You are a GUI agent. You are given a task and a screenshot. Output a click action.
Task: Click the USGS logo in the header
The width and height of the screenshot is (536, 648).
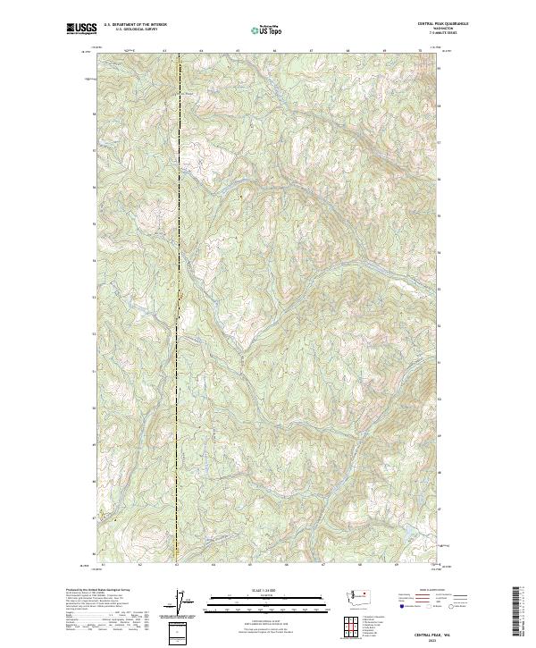80,29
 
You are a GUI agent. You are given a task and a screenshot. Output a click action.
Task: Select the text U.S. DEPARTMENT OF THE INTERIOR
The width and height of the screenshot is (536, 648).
136,25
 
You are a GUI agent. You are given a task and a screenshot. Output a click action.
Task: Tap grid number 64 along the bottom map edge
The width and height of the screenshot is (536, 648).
214,566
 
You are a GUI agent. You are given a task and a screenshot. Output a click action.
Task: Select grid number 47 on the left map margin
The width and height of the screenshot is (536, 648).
93,518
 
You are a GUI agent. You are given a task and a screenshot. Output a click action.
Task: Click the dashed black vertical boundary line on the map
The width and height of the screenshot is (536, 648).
178,313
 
